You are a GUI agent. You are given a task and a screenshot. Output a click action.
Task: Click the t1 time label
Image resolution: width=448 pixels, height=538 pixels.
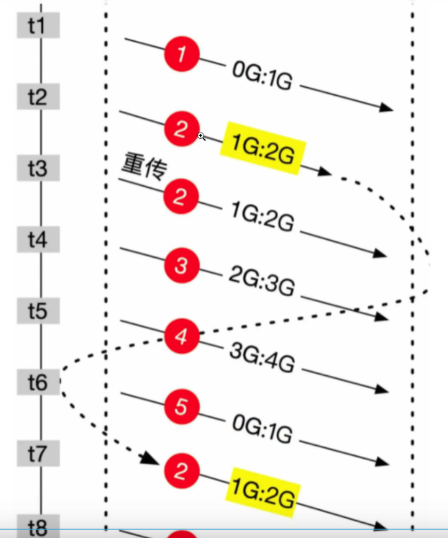pos(37,27)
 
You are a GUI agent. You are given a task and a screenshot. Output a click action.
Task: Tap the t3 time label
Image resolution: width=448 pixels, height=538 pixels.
pos(37,169)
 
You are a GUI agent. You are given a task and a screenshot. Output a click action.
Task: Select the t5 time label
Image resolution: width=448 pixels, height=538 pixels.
pos(37,312)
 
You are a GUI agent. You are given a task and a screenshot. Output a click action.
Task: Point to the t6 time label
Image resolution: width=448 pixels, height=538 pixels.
pos(37,382)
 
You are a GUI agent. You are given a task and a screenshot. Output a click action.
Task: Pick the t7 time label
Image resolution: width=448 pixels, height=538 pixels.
pos(37,454)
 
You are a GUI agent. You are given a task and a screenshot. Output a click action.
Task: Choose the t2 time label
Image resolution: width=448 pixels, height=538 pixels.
pos(37,97)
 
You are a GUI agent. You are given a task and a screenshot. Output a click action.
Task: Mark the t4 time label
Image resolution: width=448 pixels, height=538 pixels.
pos(37,240)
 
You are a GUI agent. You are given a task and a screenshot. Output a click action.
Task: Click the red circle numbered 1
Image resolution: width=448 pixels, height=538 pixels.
pos(181,55)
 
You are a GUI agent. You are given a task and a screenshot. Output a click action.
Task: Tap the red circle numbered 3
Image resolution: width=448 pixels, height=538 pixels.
pos(181,266)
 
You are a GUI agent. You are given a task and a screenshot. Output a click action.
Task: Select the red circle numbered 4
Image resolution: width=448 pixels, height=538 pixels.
pos(181,336)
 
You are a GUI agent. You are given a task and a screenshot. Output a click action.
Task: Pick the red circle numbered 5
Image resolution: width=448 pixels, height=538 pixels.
pos(181,407)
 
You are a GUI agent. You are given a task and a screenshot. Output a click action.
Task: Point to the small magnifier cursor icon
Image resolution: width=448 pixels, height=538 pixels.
pos(202,136)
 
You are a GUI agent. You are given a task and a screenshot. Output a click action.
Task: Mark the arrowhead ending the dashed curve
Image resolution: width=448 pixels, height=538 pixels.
pos(151,459)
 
